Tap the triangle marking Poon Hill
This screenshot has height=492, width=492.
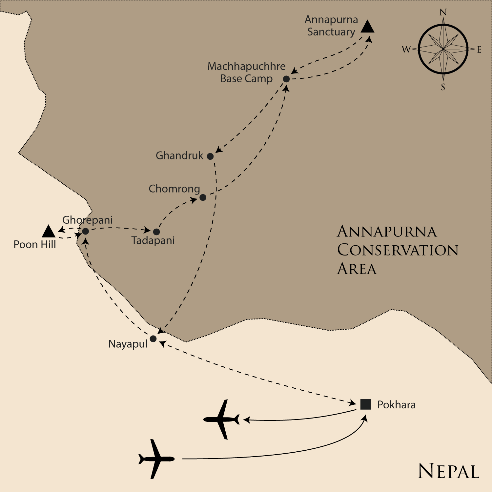[49, 232]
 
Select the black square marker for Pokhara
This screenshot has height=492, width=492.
[365, 404]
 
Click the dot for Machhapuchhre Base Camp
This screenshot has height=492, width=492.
[286, 79]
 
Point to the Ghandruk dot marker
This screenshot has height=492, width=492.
[210, 156]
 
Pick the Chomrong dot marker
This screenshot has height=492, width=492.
[203, 197]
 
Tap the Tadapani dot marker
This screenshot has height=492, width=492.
[156, 232]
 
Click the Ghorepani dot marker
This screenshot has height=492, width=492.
[85, 231]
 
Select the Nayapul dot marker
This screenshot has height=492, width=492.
[153, 338]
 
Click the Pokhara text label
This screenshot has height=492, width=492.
[396, 405]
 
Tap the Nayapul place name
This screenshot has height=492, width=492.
[128, 344]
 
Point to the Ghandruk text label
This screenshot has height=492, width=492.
[179, 155]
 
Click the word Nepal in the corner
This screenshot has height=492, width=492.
[448, 472]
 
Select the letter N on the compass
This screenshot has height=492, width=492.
[443, 12]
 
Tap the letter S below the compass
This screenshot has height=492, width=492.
[443, 87]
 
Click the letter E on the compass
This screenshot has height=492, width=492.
[479, 50]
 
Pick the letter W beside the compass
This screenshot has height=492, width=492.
[406, 50]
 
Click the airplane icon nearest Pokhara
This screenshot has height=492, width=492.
[221, 419]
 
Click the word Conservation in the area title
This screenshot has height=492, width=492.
[398, 250]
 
